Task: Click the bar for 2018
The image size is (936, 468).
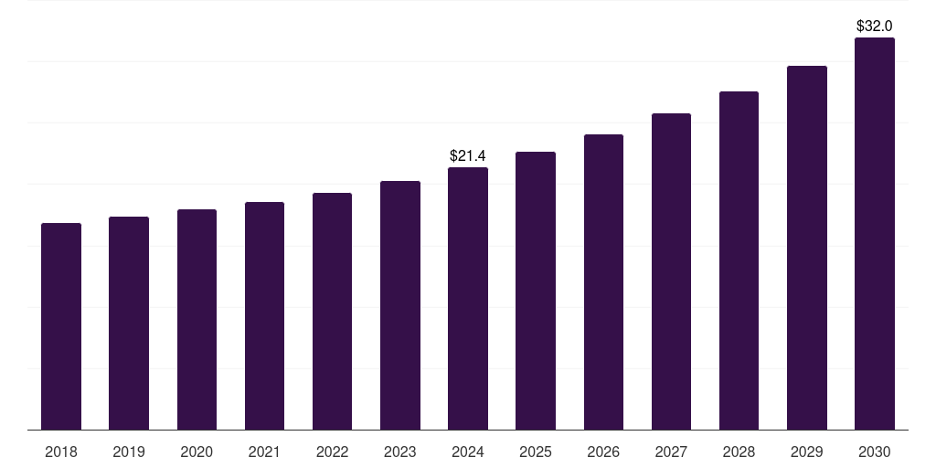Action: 61,326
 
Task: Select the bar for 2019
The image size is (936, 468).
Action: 129,324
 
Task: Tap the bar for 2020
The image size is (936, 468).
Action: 197,320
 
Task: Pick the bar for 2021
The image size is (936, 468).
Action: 264,316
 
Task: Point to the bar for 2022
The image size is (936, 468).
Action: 332,312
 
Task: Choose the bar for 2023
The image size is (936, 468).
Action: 400,305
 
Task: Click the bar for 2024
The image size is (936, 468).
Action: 468,299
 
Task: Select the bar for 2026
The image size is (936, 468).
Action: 603,282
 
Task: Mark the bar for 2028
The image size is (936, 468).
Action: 739,261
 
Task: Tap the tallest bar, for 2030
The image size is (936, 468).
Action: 875,234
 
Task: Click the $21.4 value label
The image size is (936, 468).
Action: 468,156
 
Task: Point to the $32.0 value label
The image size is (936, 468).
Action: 875,27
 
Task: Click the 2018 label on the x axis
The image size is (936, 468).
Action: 61,452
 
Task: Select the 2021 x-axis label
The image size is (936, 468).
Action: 264,452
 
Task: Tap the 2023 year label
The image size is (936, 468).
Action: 400,452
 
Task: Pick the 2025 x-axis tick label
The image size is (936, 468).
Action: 536,452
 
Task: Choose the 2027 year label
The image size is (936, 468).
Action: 671,452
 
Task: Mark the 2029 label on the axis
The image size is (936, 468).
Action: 807,452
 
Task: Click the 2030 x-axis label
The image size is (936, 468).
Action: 875,452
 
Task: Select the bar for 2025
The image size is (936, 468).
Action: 536,291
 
